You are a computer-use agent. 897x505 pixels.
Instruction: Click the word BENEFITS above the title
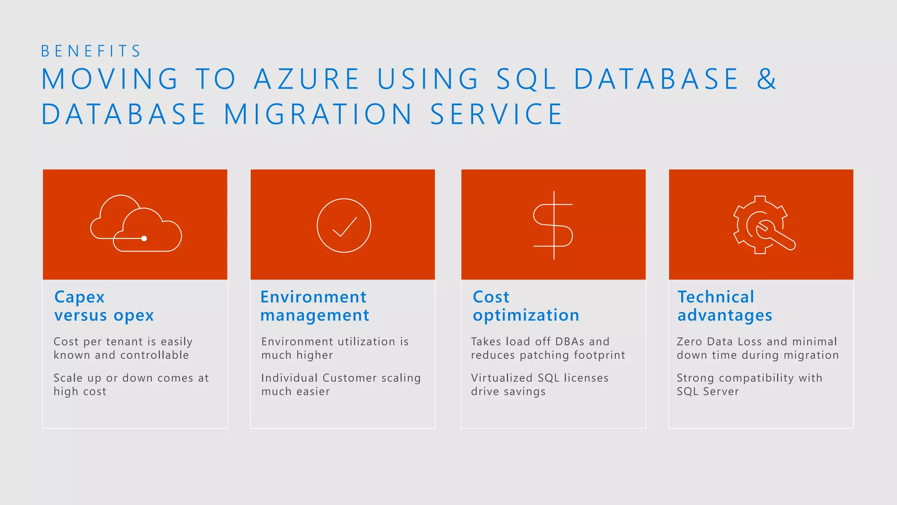(x=91, y=51)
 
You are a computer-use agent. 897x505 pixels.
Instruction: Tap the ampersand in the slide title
(x=766, y=79)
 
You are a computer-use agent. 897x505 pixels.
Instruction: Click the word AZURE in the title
(x=307, y=79)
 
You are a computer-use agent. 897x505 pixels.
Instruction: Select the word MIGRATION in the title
(x=318, y=114)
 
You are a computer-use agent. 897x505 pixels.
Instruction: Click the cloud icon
(x=136, y=224)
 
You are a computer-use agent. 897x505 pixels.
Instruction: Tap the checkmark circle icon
(x=344, y=225)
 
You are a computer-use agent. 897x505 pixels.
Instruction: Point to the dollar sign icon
(x=553, y=225)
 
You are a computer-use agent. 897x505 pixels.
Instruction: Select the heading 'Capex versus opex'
(x=104, y=306)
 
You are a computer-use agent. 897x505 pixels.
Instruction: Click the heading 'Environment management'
(x=314, y=306)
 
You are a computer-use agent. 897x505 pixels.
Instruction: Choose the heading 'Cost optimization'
(x=526, y=306)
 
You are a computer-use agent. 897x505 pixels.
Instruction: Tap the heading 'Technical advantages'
(x=724, y=306)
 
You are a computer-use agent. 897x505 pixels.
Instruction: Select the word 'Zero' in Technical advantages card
(x=689, y=341)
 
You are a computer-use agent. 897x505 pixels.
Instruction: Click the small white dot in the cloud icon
(x=144, y=238)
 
